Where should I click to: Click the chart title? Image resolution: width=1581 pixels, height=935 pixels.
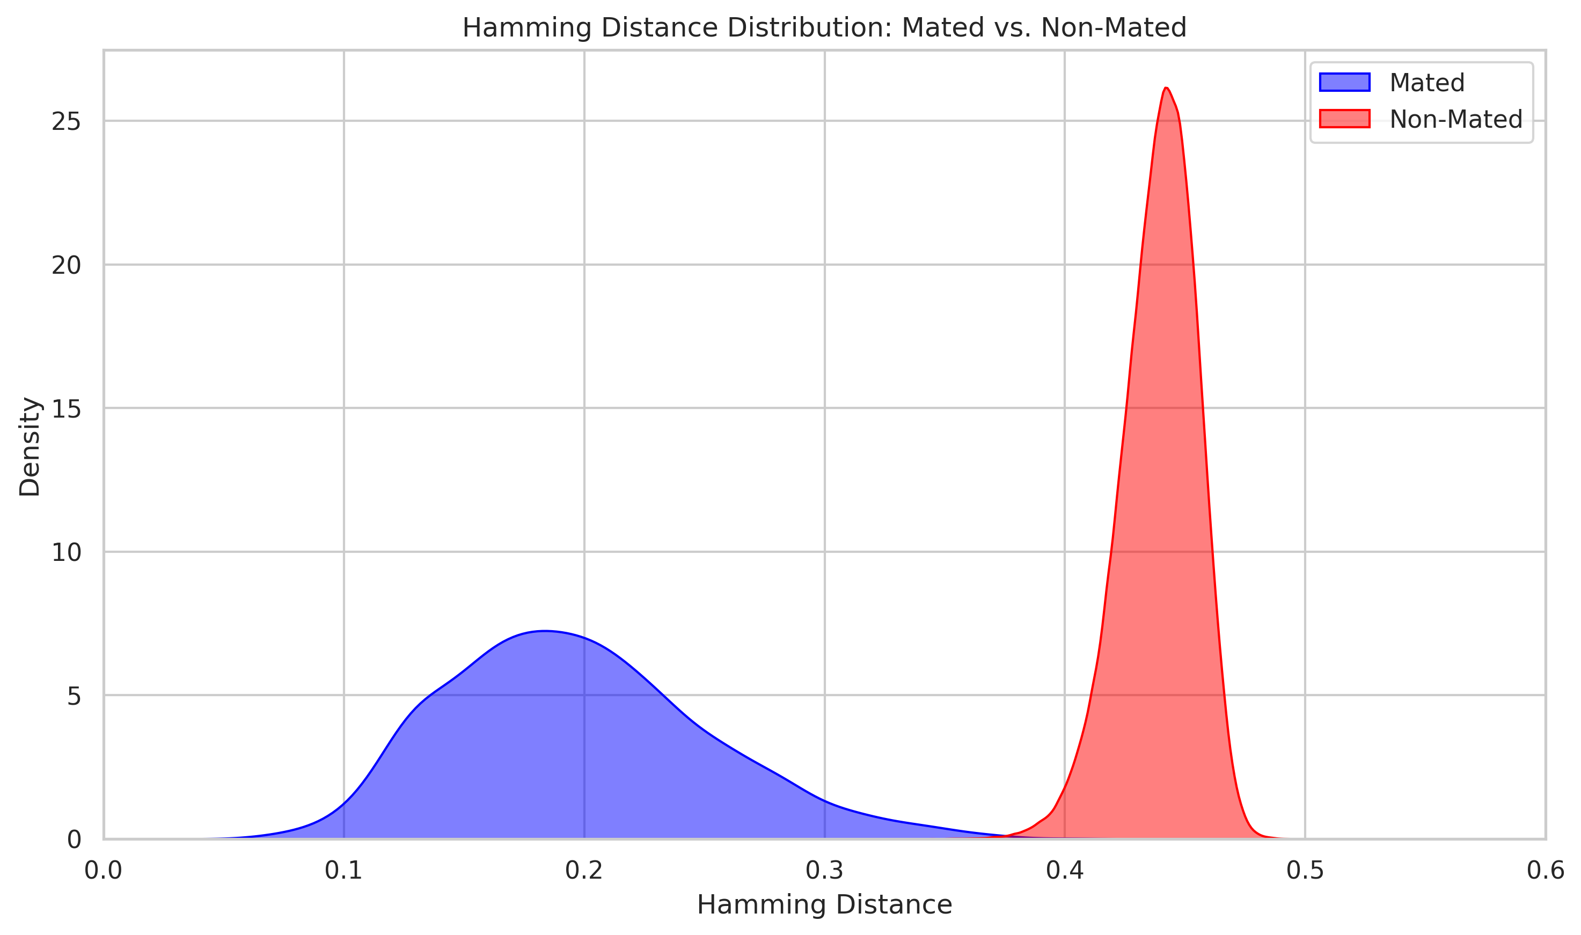coord(824,28)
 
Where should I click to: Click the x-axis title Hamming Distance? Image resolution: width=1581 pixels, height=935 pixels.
coord(824,905)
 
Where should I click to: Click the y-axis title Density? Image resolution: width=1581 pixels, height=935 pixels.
coord(30,446)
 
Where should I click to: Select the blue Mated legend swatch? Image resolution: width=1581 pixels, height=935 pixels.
coord(1344,83)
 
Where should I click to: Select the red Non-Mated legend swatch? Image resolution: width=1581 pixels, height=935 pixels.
coord(1344,119)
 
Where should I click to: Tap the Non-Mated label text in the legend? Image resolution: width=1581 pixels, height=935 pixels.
coord(1455,119)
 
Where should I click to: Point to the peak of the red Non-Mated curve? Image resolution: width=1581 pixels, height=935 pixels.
coord(1166,87)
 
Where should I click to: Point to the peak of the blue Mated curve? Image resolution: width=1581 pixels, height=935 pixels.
coord(545,631)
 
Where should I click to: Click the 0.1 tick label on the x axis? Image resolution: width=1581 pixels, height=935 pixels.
coord(343,870)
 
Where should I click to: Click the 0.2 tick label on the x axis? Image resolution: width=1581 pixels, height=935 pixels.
coord(584,870)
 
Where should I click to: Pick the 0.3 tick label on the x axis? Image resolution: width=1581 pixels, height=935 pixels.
coord(824,870)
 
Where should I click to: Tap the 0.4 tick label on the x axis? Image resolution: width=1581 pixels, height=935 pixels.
coord(1065,870)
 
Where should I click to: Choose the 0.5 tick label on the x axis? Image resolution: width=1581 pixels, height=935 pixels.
coord(1305,870)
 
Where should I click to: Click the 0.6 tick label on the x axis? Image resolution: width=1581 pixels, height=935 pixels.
coord(1545,870)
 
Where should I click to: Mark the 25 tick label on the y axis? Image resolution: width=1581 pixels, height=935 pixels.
coord(66,122)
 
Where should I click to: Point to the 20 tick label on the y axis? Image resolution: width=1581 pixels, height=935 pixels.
coord(66,265)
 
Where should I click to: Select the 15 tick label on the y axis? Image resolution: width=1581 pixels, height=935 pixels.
coord(66,409)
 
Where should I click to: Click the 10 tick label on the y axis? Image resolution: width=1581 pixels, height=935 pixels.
coord(66,552)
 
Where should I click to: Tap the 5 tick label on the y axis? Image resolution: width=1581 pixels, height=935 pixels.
coord(74,696)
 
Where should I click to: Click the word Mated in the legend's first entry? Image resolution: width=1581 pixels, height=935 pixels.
coord(1426,83)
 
